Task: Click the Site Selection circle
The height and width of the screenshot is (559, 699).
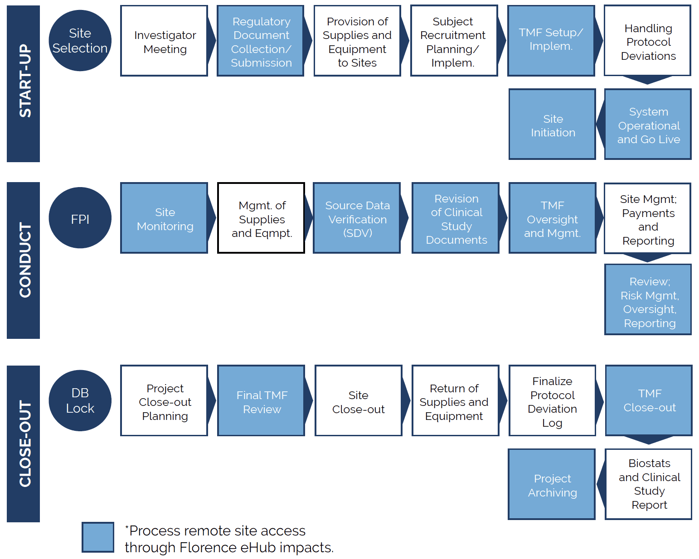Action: pos(80,41)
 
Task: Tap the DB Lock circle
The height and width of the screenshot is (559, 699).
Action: pos(80,400)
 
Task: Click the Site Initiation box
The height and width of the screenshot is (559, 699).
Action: pos(552,125)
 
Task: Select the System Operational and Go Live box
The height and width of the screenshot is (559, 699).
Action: pos(648,125)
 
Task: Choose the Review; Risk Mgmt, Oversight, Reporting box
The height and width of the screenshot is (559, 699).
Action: pos(648,300)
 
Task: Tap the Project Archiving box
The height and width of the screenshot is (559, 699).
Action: pos(552,485)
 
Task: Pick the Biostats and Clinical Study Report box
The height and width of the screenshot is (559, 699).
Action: pos(649,484)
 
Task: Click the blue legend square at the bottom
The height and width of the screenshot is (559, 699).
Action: pos(98,537)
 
